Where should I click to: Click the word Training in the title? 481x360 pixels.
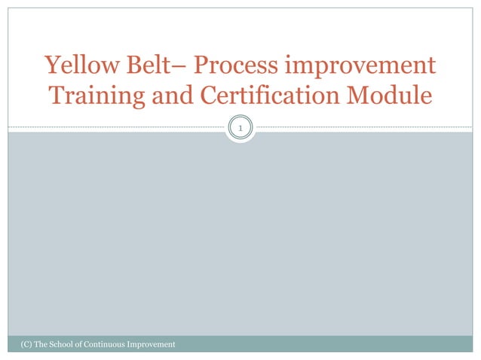point(93,96)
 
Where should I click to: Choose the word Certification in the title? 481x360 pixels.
point(264,96)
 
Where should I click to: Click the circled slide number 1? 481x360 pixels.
point(240,130)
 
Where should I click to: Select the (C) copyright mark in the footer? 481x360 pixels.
point(17,344)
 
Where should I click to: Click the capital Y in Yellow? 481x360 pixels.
point(51,66)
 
